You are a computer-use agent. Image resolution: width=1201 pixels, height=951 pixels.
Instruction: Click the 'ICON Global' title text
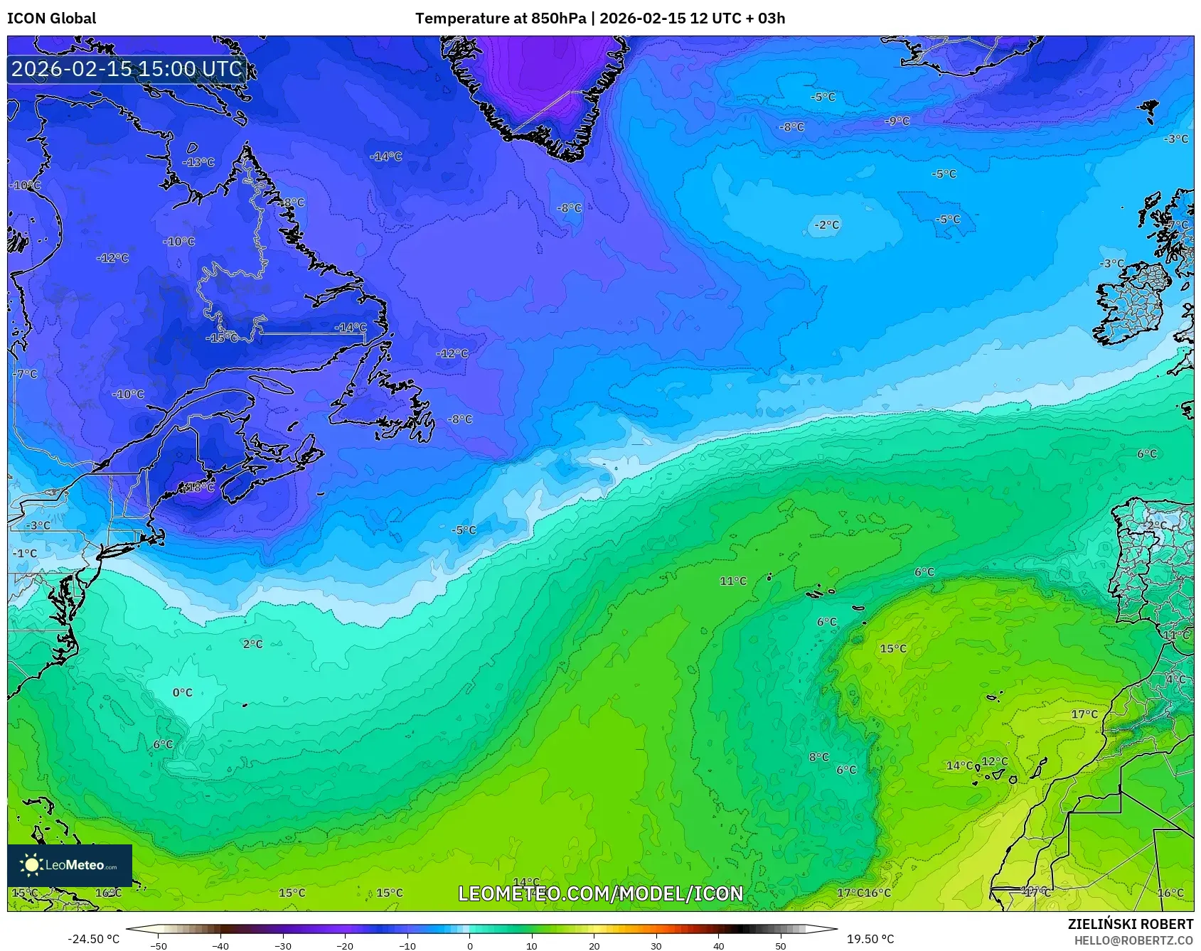point(51,18)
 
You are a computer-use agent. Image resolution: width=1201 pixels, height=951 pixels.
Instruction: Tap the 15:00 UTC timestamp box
point(127,69)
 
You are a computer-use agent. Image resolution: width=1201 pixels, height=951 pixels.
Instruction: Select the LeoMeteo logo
point(70,865)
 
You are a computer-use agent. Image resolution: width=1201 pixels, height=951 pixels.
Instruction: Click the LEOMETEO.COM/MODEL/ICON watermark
point(600,893)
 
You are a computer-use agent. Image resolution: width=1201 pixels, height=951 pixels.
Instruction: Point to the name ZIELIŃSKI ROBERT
point(1130,924)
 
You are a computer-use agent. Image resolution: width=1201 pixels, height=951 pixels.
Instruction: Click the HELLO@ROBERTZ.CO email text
point(1133,940)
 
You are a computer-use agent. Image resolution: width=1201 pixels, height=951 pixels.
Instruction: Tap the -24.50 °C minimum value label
point(93,939)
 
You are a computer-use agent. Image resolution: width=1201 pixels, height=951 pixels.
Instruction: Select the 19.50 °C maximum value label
point(870,939)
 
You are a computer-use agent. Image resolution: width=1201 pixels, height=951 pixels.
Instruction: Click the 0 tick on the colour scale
point(469,946)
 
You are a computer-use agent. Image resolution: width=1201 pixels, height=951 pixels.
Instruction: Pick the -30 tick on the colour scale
point(283,946)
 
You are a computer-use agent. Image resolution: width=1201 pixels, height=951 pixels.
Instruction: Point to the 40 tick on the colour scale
point(718,946)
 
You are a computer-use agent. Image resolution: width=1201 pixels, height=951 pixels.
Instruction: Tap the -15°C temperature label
point(222,338)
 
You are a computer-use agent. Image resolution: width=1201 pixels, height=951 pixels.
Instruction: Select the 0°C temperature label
point(183,692)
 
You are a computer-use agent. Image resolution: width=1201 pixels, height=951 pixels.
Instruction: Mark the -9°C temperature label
point(897,122)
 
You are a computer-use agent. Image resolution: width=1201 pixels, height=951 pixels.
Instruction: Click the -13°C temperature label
point(198,162)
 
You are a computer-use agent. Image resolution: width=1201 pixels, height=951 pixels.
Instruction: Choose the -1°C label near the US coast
point(25,553)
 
